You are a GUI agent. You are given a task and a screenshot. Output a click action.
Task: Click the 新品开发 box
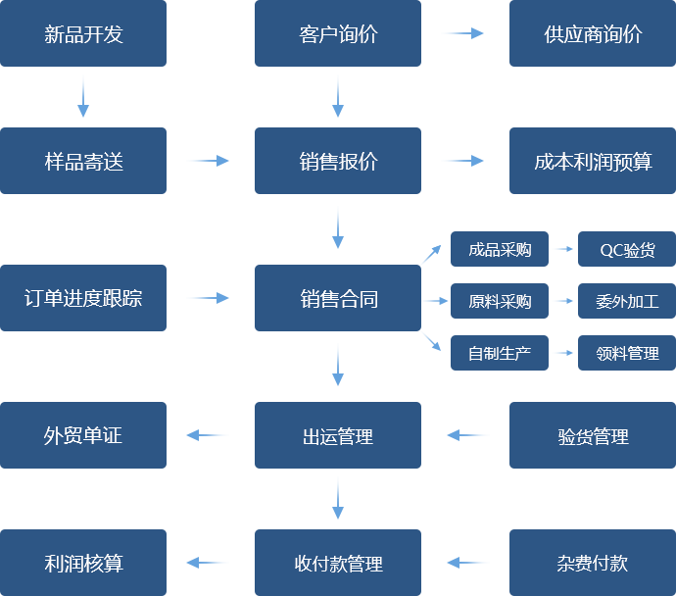click(83, 34)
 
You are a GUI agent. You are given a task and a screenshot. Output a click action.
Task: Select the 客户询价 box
click(337, 34)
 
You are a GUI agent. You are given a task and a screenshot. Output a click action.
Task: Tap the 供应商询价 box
click(592, 34)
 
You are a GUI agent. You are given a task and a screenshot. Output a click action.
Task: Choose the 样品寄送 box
click(83, 161)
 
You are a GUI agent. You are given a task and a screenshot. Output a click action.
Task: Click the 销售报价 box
click(337, 161)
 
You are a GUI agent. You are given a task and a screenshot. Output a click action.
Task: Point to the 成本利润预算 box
click(592, 161)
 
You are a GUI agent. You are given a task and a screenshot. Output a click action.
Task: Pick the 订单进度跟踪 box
click(83, 297)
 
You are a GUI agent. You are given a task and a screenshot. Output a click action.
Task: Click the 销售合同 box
click(337, 298)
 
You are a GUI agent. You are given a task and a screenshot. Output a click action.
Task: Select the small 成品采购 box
click(499, 249)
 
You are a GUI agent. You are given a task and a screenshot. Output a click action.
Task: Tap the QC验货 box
click(626, 249)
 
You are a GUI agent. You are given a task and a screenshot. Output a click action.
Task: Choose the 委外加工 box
click(626, 301)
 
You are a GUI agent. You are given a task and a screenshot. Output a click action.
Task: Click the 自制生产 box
click(499, 353)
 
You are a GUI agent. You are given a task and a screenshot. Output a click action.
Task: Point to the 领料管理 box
click(626, 353)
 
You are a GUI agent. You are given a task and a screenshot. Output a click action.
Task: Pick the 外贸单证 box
click(83, 435)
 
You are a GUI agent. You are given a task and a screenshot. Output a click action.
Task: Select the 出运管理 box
click(337, 435)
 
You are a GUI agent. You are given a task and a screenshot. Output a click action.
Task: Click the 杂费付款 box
click(592, 563)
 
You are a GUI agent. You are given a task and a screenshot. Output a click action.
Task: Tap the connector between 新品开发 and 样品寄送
click(82, 96)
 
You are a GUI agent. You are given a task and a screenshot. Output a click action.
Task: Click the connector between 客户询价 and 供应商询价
click(462, 33)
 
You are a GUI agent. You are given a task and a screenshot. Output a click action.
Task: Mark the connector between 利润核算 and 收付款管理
click(207, 563)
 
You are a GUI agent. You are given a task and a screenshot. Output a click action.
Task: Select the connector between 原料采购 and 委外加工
click(562, 301)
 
